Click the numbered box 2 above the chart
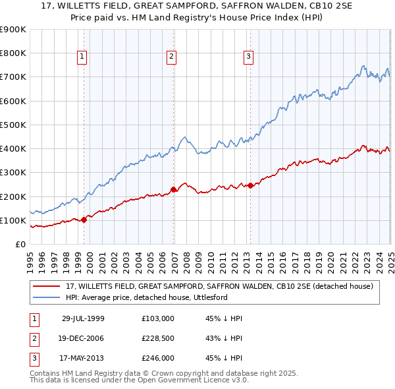171,57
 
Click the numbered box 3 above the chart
249,57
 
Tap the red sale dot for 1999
84,220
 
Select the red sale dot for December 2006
174,190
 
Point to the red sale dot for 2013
251,185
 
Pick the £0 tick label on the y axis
20,244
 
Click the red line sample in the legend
47,286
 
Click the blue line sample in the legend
47,297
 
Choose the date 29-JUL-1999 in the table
83,318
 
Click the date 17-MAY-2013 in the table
83,359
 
